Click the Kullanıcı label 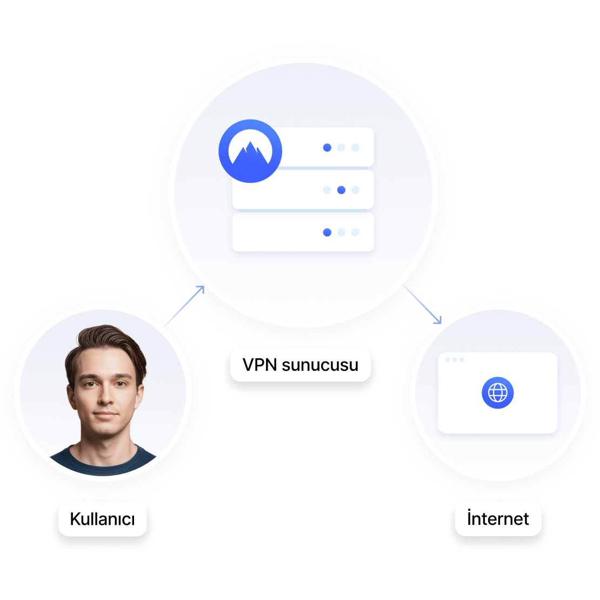point(102,519)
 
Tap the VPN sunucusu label point(301,365)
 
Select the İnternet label point(498,519)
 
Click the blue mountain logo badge point(250,151)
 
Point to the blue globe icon point(497,393)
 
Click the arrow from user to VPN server point(184,306)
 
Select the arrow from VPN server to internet point(423,305)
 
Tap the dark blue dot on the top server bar point(327,147)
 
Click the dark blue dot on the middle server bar point(341,190)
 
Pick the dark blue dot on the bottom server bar point(327,232)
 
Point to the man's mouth point(106,416)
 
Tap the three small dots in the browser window point(455,359)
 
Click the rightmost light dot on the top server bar point(355,147)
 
